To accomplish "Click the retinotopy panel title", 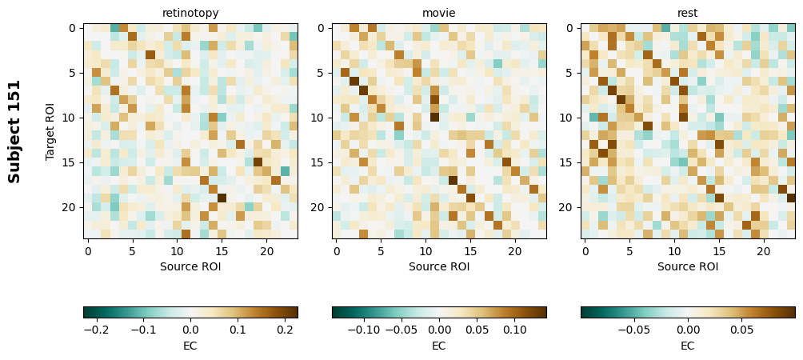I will click(x=190, y=13).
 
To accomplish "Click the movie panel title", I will click(x=439, y=13).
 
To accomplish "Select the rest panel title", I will click(x=688, y=13).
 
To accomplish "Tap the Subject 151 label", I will click(x=14, y=131).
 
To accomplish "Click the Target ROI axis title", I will click(x=50, y=131).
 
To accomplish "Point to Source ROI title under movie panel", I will click(x=439, y=266).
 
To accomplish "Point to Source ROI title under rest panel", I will click(x=688, y=266).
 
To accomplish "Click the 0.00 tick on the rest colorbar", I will click(x=688, y=329).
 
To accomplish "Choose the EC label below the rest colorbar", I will click(x=688, y=346).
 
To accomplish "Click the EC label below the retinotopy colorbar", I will click(x=190, y=346).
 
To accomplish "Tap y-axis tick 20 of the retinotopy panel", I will click(x=70, y=207).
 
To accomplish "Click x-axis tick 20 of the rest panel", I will click(x=765, y=251).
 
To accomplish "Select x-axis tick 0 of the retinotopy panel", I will click(x=88, y=251).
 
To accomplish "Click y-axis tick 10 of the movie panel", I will click(x=319, y=118).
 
